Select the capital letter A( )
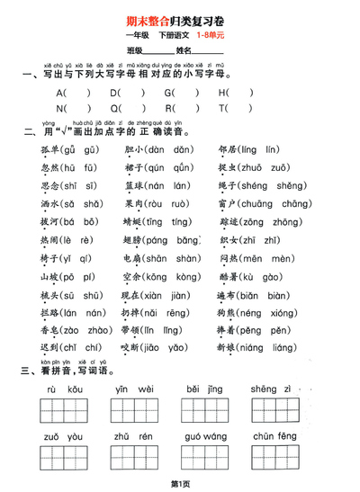73,92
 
